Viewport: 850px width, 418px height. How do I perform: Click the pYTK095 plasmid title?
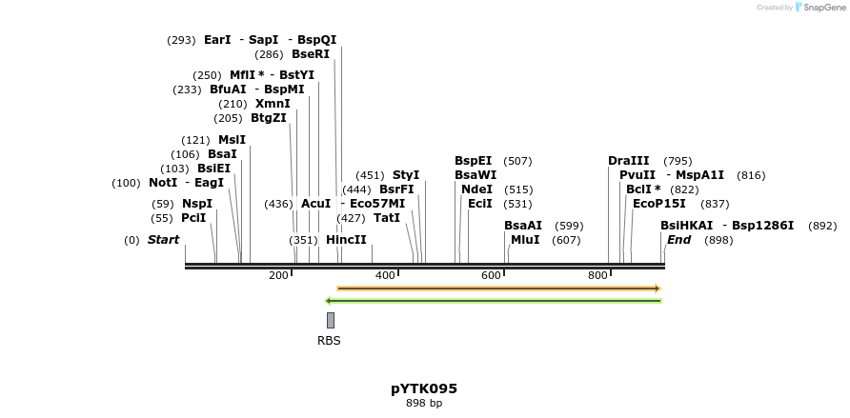(424, 388)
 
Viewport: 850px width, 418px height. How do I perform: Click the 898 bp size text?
(424, 404)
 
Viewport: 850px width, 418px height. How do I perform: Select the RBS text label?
(329, 341)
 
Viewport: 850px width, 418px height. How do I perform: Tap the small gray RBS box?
(331, 320)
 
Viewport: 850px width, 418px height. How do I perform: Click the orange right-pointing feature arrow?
(498, 288)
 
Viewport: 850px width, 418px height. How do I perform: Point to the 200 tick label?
(278, 276)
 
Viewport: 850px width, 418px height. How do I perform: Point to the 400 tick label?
(385, 276)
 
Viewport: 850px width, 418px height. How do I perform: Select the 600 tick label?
(491, 276)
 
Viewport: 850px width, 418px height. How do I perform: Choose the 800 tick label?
(597, 276)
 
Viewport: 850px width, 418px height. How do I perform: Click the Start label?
(163, 240)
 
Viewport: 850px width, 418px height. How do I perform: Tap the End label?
(678, 240)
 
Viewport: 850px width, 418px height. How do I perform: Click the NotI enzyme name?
(163, 183)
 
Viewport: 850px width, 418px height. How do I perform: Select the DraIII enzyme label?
(629, 161)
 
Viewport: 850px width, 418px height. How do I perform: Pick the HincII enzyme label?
(346, 240)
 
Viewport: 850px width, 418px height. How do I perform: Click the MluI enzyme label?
(525, 240)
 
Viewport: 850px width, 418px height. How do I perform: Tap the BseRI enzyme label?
(311, 54)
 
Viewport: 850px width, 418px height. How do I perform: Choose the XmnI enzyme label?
(273, 104)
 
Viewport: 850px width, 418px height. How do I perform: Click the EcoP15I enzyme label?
(659, 204)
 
